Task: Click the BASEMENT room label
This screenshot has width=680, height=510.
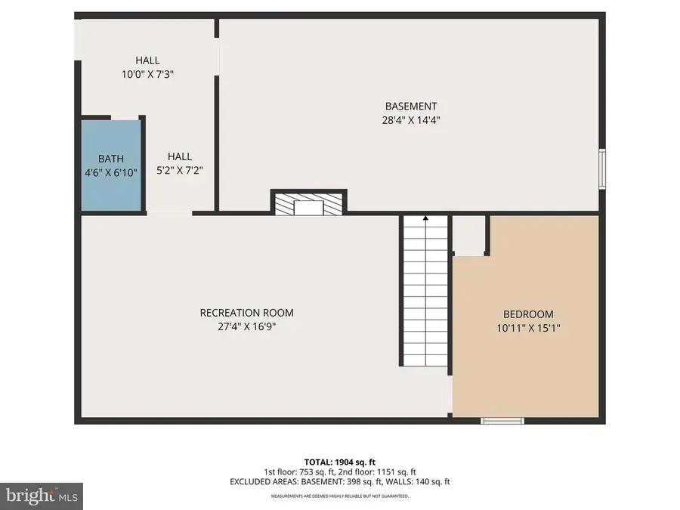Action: (x=410, y=107)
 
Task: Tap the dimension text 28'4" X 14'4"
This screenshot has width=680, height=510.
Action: (x=410, y=119)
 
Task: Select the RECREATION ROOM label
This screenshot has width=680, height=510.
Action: (x=246, y=313)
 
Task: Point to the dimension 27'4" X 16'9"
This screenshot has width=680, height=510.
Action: (x=246, y=326)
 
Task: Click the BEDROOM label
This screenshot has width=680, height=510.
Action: (x=528, y=314)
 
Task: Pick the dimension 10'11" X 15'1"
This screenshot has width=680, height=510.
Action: (x=528, y=328)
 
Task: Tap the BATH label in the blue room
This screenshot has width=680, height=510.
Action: (x=110, y=159)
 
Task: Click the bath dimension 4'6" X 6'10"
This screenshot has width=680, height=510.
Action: (x=110, y=172)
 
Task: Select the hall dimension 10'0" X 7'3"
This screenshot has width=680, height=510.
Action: (x=147, y=74)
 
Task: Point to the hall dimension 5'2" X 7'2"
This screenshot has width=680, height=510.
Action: (x=179, y=170)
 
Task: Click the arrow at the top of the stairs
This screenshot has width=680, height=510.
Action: (x=425, y=218)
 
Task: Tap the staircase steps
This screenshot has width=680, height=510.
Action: (x=425, y=295)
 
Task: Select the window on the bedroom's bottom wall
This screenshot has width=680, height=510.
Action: (x=502, y=420)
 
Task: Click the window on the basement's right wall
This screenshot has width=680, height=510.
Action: (x=602, y=168)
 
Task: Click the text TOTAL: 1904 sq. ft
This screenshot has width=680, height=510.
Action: (x=339, y=461)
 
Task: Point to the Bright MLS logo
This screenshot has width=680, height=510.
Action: (x=41, y=496)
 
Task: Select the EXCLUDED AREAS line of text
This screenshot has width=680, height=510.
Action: (x=339, y=482)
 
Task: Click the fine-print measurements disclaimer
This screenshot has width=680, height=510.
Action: (x=339, y=496)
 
